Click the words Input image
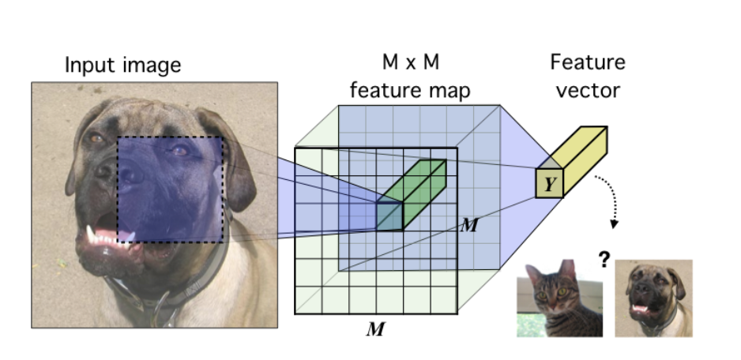122,65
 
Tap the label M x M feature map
409,78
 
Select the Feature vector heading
587,76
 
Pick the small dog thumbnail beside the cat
653,298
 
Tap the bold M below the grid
374,328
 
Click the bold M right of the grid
468,225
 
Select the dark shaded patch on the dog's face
171,189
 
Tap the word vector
588,89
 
